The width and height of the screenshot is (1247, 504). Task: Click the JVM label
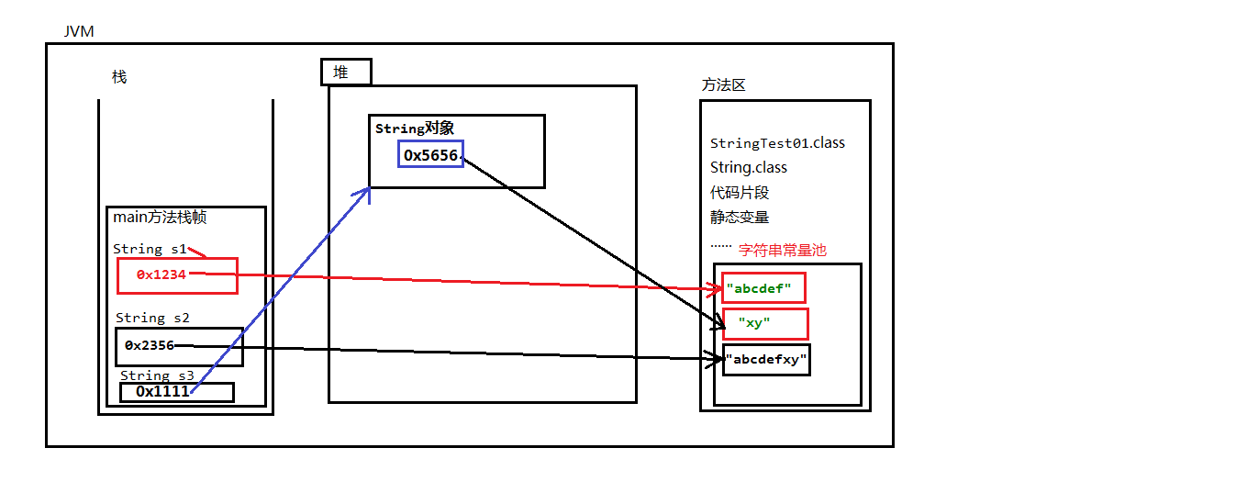79,32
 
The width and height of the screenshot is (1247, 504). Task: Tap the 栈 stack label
119,77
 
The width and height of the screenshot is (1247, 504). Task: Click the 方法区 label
723,84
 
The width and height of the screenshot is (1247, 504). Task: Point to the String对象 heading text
415,129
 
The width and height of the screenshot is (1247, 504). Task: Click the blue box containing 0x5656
431,155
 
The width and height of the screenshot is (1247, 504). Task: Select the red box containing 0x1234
177,274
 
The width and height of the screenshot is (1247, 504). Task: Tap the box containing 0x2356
179,346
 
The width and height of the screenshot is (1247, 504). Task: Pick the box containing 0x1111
176,391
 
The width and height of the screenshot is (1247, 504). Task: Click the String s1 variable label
150,249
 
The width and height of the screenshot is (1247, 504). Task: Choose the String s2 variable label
152,318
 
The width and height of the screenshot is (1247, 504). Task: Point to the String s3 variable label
157,375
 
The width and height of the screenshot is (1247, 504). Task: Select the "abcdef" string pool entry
763,288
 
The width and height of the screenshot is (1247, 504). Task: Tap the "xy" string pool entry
765,323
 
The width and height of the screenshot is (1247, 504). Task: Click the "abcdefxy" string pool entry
766,360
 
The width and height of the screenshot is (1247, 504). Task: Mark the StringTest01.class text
777,143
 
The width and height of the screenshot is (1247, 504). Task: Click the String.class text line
748,168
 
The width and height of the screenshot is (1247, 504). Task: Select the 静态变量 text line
739,218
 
